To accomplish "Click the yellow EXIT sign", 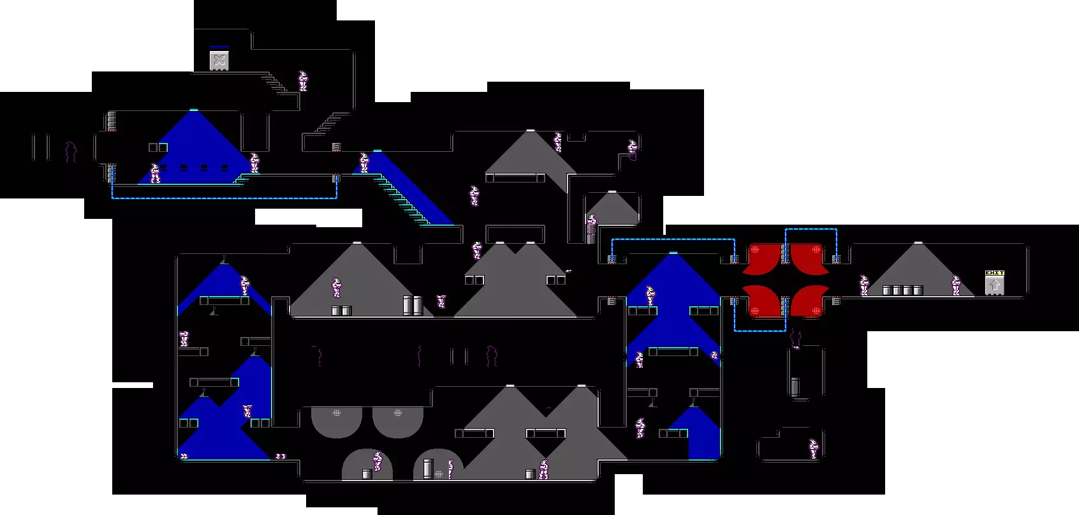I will pyautogui.click(x=994, y=272).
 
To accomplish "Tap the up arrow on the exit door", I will pyautogui.click(x=994, y=285).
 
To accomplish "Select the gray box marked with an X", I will pyautogui.click(x=219, y=61).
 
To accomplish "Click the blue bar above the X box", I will pyautogui.click(x=219, y=47).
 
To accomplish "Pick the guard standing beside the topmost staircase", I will pyautogui.click(x=303, y=80).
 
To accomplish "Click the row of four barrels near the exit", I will pyautogui.click(x=902, y=290).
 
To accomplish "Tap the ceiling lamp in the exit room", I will pyautogui.click(x=918, y=243).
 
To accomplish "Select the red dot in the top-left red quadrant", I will pyautogui.click(x=755, y=250).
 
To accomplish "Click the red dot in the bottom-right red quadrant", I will pyautogui.click(x=816, y=311).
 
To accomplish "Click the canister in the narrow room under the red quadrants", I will pyautogui.click(x=795, y=387).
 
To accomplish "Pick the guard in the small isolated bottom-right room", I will pyautogui.click(x=813, y=449).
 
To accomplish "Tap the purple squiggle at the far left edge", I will pyautogui.click(x=71, y=152).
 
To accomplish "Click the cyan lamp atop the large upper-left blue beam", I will pyautogui.click(x=193, y=110).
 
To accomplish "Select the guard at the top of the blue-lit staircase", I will pyautogui.click(x=364, y=162).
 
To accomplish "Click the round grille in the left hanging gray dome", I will pyautogui.click(x=337, y=413).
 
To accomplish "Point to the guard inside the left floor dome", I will pyautogui.click(x=377, y=461).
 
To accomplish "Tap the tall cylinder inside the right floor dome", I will pyautogui.click(x=428, y=468).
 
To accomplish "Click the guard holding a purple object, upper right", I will pyautogui.click(x=633, y=150).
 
